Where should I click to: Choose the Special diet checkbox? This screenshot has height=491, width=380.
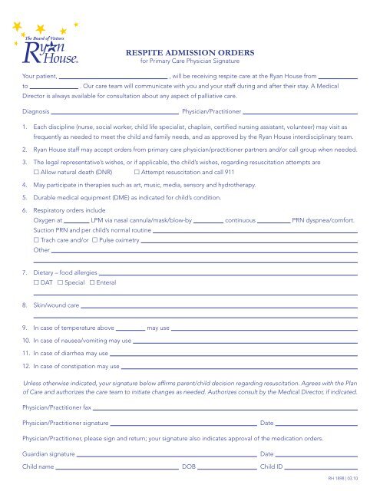coord(61,283)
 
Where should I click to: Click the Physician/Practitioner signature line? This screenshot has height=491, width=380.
coord(183,423)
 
